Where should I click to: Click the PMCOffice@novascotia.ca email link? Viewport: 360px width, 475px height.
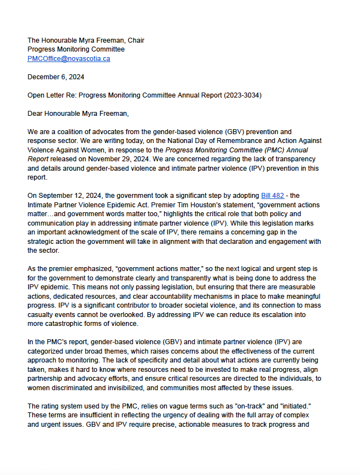(x=69, y=59)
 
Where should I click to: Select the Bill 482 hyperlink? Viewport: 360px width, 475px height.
(x=272, y=196)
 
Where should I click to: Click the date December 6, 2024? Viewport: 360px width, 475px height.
(x=55, y=77)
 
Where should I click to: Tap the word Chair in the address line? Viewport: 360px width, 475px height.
(x=135, y=40)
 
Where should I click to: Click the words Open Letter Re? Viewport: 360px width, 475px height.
(x=52, y=95)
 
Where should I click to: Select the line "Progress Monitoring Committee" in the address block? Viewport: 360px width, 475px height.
(x=76, y=49)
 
